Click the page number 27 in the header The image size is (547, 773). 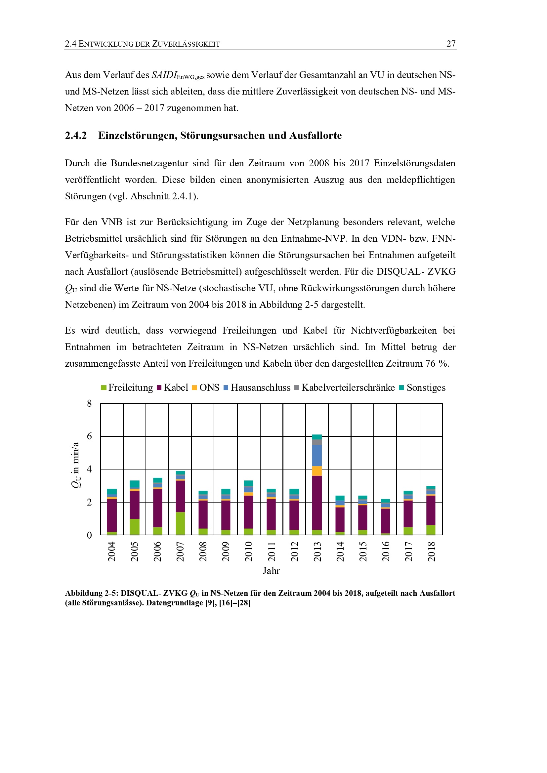(451, 44)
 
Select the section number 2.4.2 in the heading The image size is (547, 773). (76, 135)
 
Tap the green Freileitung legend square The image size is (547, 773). (104, 388)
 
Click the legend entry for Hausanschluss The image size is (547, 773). (260, 388)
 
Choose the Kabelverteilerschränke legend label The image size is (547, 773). (348, 388)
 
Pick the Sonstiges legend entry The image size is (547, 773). (426, 388)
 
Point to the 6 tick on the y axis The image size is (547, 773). (89, 436)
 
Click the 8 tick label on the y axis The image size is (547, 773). (89, 403)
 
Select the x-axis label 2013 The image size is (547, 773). (317, 551)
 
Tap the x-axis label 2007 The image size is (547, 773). (180, 551)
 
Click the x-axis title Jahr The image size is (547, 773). (271, 571)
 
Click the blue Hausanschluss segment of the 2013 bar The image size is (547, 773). (317, 456)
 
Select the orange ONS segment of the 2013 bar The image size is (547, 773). (317, 471)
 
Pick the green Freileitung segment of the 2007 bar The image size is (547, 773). (180, 523)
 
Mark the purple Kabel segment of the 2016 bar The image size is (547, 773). (386, 521)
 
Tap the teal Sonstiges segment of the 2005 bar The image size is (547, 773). (134, 484)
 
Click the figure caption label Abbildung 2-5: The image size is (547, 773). (92, 593)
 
